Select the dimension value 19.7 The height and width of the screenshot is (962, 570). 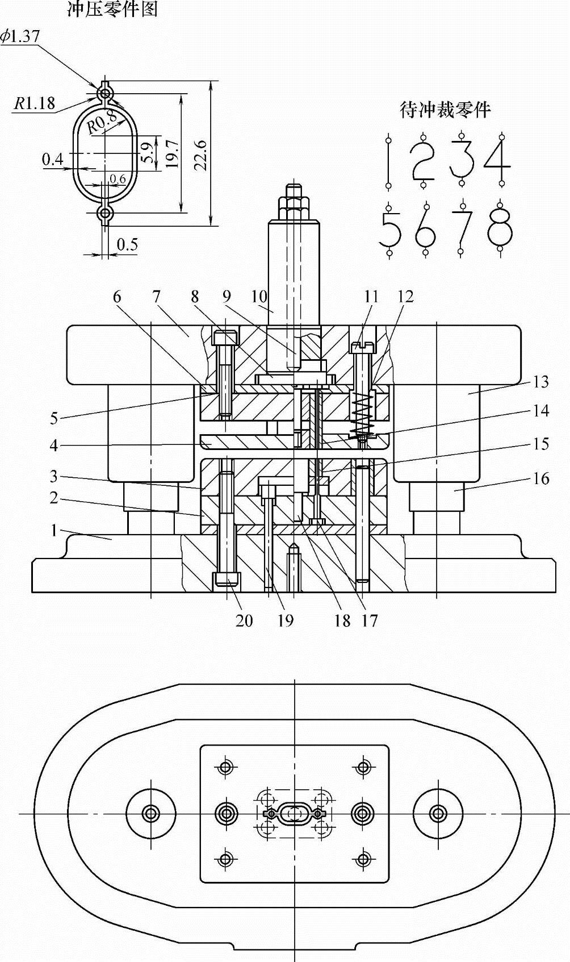click(172, 153)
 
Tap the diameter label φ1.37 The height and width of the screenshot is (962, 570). click(20, 36)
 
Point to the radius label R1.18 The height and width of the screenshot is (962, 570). click(34, 103)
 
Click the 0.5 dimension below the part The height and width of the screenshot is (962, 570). click(128, 244)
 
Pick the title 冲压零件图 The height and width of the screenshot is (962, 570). click(113, 10)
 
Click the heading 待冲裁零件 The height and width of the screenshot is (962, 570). click(445, 110)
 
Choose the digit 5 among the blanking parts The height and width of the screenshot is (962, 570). click(389, 229)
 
